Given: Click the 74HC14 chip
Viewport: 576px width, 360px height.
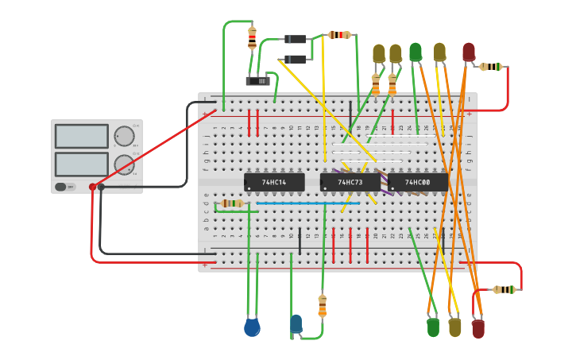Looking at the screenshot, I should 274,183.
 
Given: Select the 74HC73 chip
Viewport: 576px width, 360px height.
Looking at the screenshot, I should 350,183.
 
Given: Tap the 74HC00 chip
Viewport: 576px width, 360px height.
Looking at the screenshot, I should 418,183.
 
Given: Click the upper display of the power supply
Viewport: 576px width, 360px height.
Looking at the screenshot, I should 81,136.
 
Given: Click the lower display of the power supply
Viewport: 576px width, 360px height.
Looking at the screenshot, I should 81,164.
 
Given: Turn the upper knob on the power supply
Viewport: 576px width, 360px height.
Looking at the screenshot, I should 124,136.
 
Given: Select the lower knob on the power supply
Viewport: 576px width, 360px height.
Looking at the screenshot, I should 124,165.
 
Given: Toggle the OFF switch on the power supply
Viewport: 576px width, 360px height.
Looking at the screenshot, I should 60,187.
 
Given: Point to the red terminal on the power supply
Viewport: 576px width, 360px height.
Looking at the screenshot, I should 92,187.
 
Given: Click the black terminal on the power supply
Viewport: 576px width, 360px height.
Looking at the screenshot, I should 101,187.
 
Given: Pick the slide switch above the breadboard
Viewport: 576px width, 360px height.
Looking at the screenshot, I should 257,80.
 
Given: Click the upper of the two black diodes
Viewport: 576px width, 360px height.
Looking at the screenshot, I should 296,39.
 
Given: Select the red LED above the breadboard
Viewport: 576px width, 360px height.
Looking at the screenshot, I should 469,52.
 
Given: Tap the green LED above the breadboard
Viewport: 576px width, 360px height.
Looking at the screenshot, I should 416,52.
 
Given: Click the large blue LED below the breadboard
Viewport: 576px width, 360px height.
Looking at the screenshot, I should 252,327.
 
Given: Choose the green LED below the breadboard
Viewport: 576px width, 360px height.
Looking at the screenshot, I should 433,327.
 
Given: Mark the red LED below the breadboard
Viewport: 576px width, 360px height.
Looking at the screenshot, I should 477,328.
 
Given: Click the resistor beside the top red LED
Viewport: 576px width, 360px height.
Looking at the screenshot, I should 492,67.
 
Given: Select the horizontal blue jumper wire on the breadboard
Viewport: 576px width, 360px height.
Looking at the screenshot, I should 308,203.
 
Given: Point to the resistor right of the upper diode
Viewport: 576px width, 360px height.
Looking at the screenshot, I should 339,35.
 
